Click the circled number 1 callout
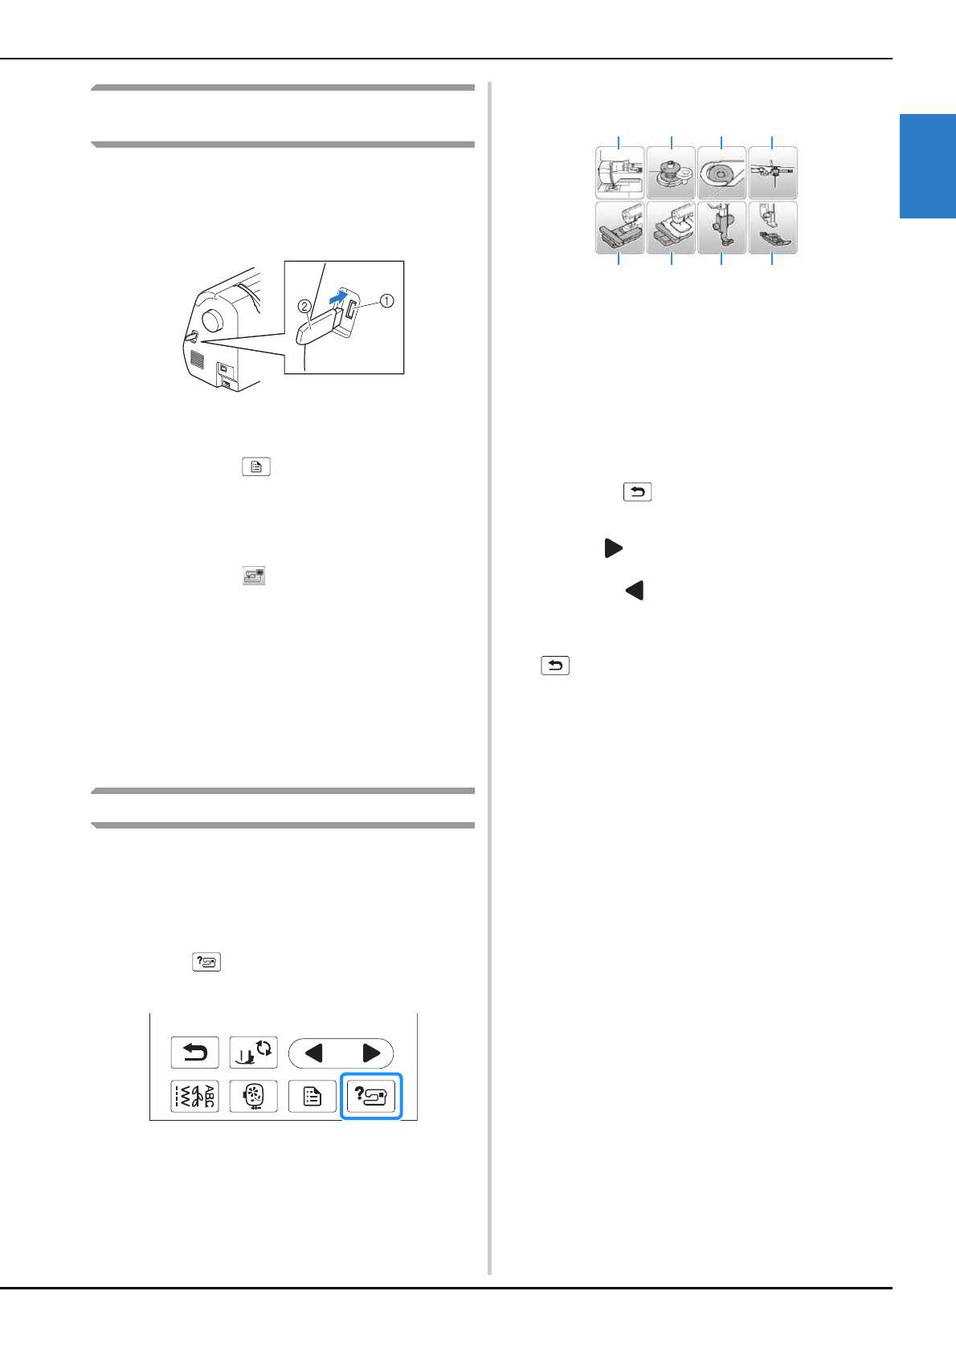386,301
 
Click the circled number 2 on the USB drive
304,306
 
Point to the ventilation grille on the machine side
197,359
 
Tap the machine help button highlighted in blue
371,1096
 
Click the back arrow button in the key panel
194,1053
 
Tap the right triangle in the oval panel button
370,1053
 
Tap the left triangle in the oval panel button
314,1053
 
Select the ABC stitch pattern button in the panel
194,1096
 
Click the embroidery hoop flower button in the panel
254,1096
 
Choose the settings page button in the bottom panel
313,1096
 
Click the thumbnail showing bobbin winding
671,173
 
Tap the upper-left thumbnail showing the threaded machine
619,173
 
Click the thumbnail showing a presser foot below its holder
773,228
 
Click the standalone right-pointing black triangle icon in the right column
613,548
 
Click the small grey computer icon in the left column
254,576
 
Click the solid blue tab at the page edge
927,166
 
